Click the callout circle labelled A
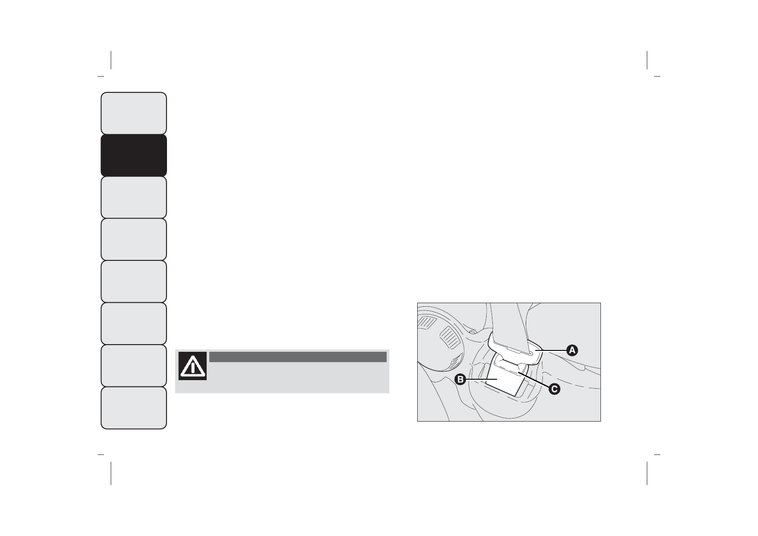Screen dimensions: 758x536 pos(572,350)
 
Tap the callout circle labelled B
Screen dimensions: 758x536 pos(460,380)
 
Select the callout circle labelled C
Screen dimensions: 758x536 pos(554,389)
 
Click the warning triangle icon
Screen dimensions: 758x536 pos(193,366)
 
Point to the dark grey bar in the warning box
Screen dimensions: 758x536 pos(298,357)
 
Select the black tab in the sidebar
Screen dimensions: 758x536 pos(134,155)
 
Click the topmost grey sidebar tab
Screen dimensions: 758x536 pos(134,114)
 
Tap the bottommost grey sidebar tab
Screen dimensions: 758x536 pos(134,408)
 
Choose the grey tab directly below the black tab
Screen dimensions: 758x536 pos(134,197)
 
